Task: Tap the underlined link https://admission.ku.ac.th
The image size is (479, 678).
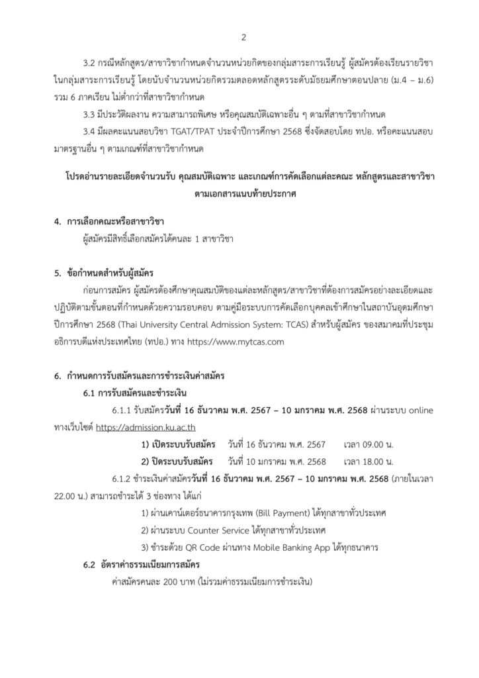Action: click(x=150, y=428)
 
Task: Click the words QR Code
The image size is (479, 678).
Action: click(x=194, y=548)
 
